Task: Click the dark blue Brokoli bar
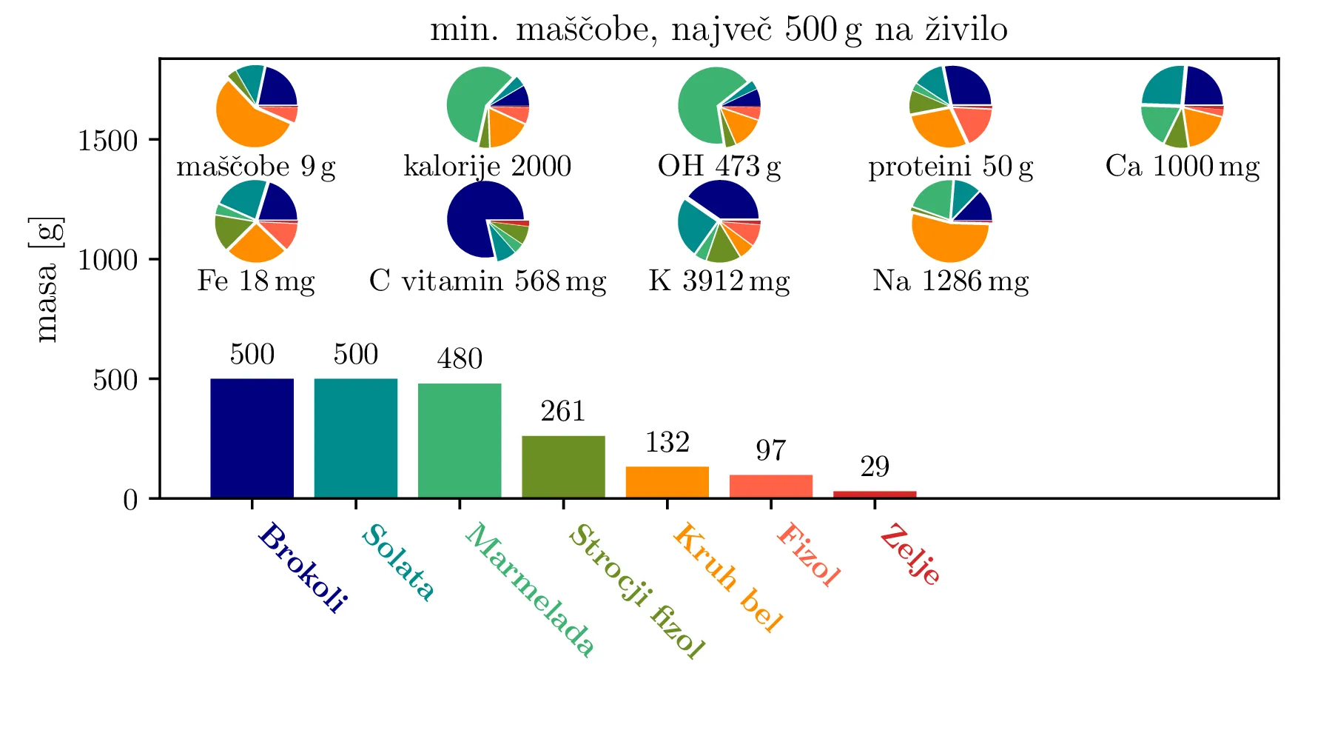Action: (x=252, y=438)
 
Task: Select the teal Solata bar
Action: (x=355, y=438)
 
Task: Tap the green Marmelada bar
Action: (x=460, y=440)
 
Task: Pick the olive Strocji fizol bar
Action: (x=563, y=466)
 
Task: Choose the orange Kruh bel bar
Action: (x=667, y=482)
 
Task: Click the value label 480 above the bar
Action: (x=460, y=359)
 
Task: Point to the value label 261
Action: (x=563, y=412)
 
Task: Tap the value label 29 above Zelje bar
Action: (x=875, y=467)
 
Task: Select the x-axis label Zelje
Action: (x=911, y=555)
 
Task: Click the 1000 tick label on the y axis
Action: (x=108, y=261)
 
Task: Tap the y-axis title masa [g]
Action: (x=47, y=280)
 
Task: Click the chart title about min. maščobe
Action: (x=719, y=30)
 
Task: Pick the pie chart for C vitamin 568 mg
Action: (x=488, y=221)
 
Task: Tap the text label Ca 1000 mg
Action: (x=1182, y=167)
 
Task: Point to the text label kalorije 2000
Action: (x=488, y=167)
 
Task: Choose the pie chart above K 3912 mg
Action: (x=719, y=221)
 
